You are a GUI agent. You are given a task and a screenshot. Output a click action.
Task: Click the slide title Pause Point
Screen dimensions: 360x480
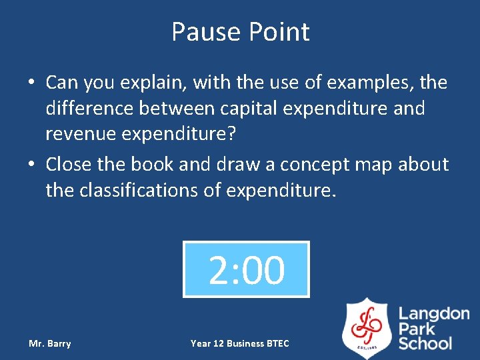pos(240,31)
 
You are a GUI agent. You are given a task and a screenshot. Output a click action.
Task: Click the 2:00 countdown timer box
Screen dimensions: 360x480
pos(246,269)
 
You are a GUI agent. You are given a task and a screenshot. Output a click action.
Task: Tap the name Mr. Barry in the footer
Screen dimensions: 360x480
pos(50,343)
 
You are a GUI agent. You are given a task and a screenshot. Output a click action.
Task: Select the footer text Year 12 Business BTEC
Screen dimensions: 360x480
pos(240,343)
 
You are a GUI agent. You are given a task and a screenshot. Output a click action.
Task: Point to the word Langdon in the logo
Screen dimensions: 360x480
pos(434,313)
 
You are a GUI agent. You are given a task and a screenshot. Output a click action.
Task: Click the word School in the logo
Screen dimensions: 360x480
pos(425,343)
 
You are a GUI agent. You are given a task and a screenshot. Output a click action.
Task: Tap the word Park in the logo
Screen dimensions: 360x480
pos(417,329)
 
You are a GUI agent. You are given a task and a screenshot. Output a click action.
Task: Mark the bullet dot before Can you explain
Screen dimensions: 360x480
pos(32,83)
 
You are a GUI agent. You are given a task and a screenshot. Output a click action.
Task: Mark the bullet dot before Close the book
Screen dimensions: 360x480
pos(32,165)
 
